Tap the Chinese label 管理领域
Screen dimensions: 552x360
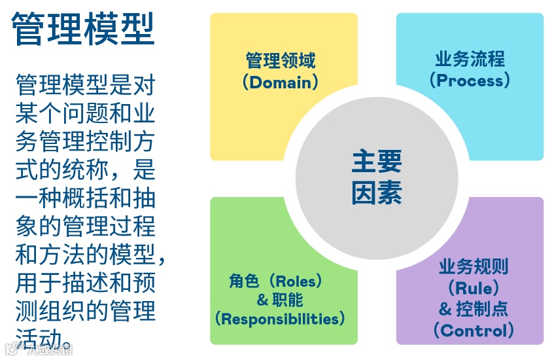[x=281, y=61]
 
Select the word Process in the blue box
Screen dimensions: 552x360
[x=470, y=81]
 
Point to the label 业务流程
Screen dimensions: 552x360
[x=470, y=59]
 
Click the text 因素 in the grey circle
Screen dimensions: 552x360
[x=376, y=193]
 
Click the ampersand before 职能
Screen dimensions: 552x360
[x=262, y=301]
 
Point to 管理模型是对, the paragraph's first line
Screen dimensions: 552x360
[x=85, y=85]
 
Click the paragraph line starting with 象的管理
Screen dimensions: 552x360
[x=85, y=226]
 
